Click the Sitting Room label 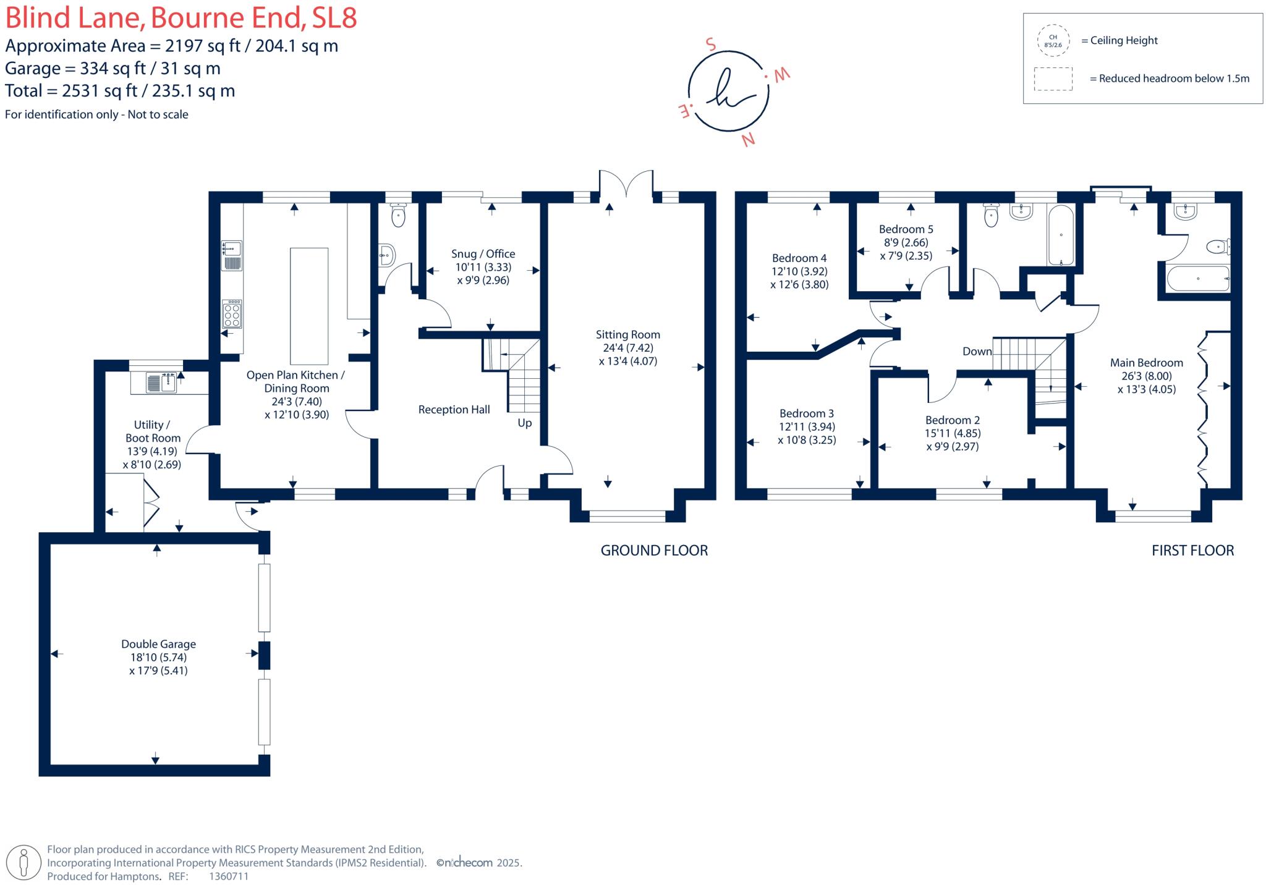(x=627, y=334)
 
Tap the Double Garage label (x=158, y=644)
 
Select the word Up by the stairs (x=524, y=423)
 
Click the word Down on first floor (x=977, y=351)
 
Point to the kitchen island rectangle (x=309, y=306)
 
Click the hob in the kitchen (x=232, y=315)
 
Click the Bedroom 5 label (x=906, y=229)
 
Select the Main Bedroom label (x=1146, y=363)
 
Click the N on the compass (x=748, y=140)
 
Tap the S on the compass (x=711, y=44)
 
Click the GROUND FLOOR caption (x=654, y=550)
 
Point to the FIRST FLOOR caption (x=1192, y=550)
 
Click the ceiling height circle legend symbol (x=1053, y=41)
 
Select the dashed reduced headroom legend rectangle (x=1053, y=79)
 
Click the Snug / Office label (x=483, y=253)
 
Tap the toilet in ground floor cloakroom (x=398, y=216)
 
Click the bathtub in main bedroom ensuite (x=1197, y=279)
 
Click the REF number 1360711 (x=229, y=876)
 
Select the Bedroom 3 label (x=806, y=413)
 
